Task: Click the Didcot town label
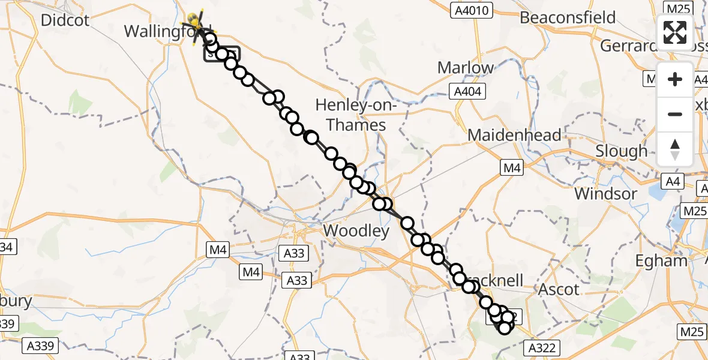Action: pos(65,20)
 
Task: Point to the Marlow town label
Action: pos(466,68)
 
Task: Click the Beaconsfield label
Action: pos(568,17)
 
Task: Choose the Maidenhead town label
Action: pos(514,135)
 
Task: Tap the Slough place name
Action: pos(621,151)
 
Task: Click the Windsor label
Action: pos(605,194)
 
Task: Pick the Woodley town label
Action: pos(356,230)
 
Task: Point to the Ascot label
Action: pos(559,289)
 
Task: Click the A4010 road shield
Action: pos(472,10)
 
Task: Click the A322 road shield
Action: pos(543,347)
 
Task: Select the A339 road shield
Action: pos(41,346)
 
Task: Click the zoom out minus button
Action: pos(675,114)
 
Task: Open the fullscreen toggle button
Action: pos(675,32)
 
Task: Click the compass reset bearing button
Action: pos(675,149)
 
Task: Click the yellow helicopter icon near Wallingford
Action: pos(196,23)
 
